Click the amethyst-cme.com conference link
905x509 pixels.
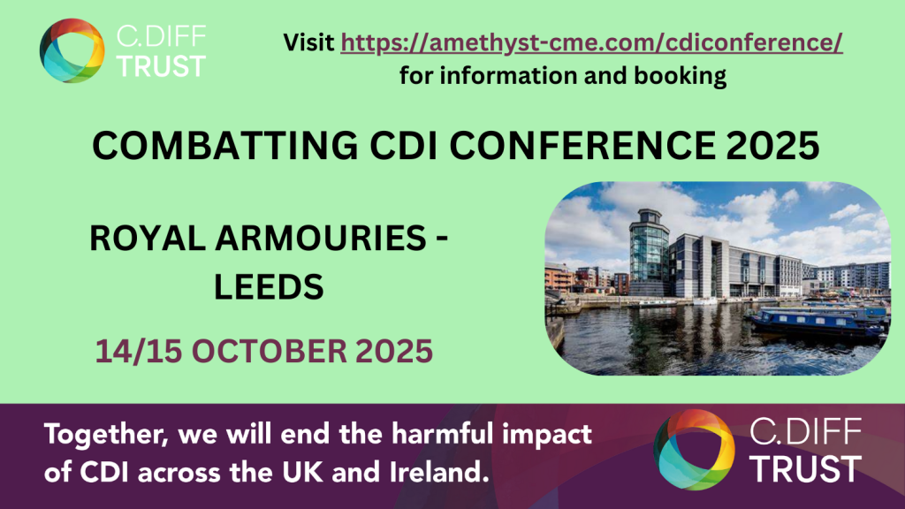pyautogui.click(x=591, y=42)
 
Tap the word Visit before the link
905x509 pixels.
pyautogui.click(x=308, y=42)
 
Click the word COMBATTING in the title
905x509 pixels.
pyautogui.click(x=225, y=145)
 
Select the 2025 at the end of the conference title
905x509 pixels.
pyautogui.click(x=772, y=145)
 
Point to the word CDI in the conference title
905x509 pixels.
pyautogui.click(x=404, y=145)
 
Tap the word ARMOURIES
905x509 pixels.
pyautogui.click(x=321, y=238)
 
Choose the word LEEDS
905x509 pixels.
pyautogui.click(x=269, y=287)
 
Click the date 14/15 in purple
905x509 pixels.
pyautogui.click(x=138, y=352)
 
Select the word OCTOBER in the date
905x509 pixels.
pyautogui.click(x=270, y=352)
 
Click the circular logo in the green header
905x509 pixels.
pyautogui.click(x=72, y=50)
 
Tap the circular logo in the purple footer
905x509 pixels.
pyautogui.click(x=694, y=450)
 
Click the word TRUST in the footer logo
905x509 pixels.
pyautogui.click(x=807, y=468)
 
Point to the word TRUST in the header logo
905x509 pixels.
pyautogui.click(x=161, y=66)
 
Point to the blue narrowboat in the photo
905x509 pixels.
pyautogui.click(x=816, y=323)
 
